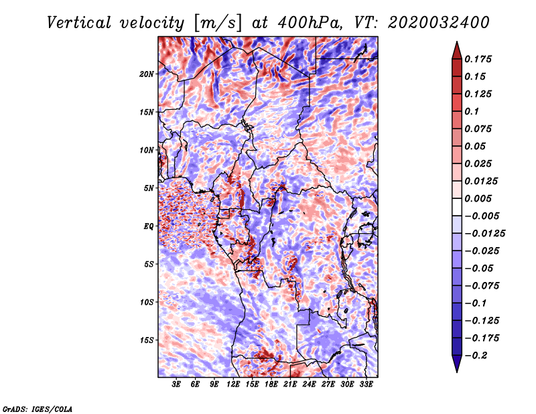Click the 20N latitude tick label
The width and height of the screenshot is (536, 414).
(x=147, y=74)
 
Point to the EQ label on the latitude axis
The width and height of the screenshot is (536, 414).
(x=149, y=226)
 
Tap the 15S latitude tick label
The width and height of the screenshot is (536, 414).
(x=147, y=340)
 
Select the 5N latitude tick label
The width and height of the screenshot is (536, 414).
(x=149, y=188)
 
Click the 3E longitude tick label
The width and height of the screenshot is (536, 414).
(x=177, y=385)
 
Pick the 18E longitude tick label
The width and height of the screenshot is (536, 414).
(x=271, y=385)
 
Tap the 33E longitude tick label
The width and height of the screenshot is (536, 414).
(x=366, y=385)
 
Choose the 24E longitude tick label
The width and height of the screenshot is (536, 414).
(x=309, y=385)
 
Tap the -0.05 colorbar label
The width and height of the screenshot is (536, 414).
(x=479, y=268)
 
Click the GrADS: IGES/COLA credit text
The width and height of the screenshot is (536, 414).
(x=38, y=408)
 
